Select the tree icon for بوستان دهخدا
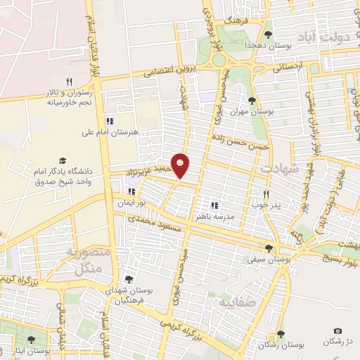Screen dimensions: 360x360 coord(268,34)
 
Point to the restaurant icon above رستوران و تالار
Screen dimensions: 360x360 coord(69,82)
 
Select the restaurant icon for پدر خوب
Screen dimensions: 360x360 coord(266,194)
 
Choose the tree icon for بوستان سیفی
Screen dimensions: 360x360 coord(269,248)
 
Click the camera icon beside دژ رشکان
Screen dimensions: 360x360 coord(338,331)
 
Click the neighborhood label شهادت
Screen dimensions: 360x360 coord(279,169)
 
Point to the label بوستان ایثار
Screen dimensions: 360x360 coord(34,350)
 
